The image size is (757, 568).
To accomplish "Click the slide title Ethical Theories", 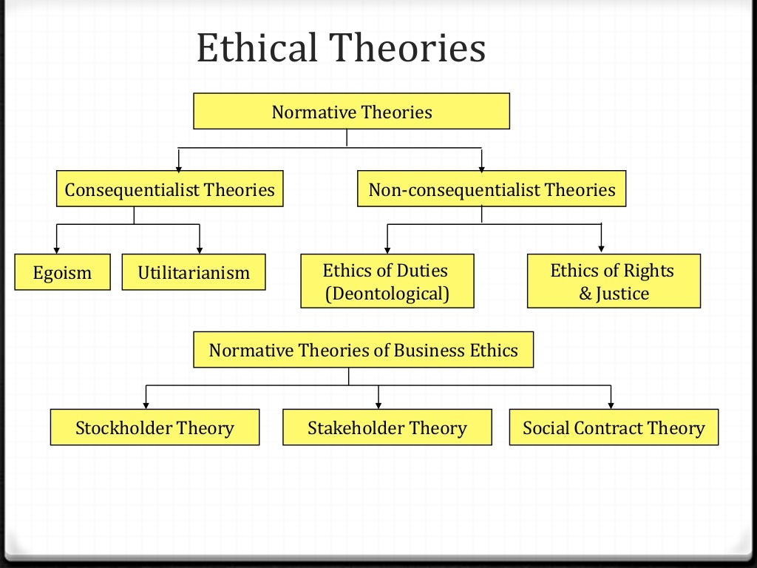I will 341,50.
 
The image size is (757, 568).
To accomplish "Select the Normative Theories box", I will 351,112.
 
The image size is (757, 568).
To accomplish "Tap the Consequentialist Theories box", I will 169,189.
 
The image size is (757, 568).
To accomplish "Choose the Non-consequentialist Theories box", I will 492,189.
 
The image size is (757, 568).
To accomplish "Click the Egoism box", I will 63,273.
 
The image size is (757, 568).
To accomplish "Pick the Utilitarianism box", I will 194,273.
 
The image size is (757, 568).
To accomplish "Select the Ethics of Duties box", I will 387,281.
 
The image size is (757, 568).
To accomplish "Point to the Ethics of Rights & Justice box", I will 613,281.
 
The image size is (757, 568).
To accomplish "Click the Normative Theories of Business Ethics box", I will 363,350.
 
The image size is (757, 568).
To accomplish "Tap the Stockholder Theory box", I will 155,427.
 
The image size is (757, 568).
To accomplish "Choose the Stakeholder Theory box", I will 387,427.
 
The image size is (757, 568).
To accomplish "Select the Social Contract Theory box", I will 614,427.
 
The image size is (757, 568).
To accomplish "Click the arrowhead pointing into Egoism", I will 57,249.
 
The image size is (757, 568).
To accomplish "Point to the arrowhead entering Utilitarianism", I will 200,249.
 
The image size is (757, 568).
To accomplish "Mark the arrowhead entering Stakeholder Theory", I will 378,404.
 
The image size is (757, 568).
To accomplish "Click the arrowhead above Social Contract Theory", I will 611,404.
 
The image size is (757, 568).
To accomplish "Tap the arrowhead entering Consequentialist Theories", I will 178,166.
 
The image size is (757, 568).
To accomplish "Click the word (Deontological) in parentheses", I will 387,294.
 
